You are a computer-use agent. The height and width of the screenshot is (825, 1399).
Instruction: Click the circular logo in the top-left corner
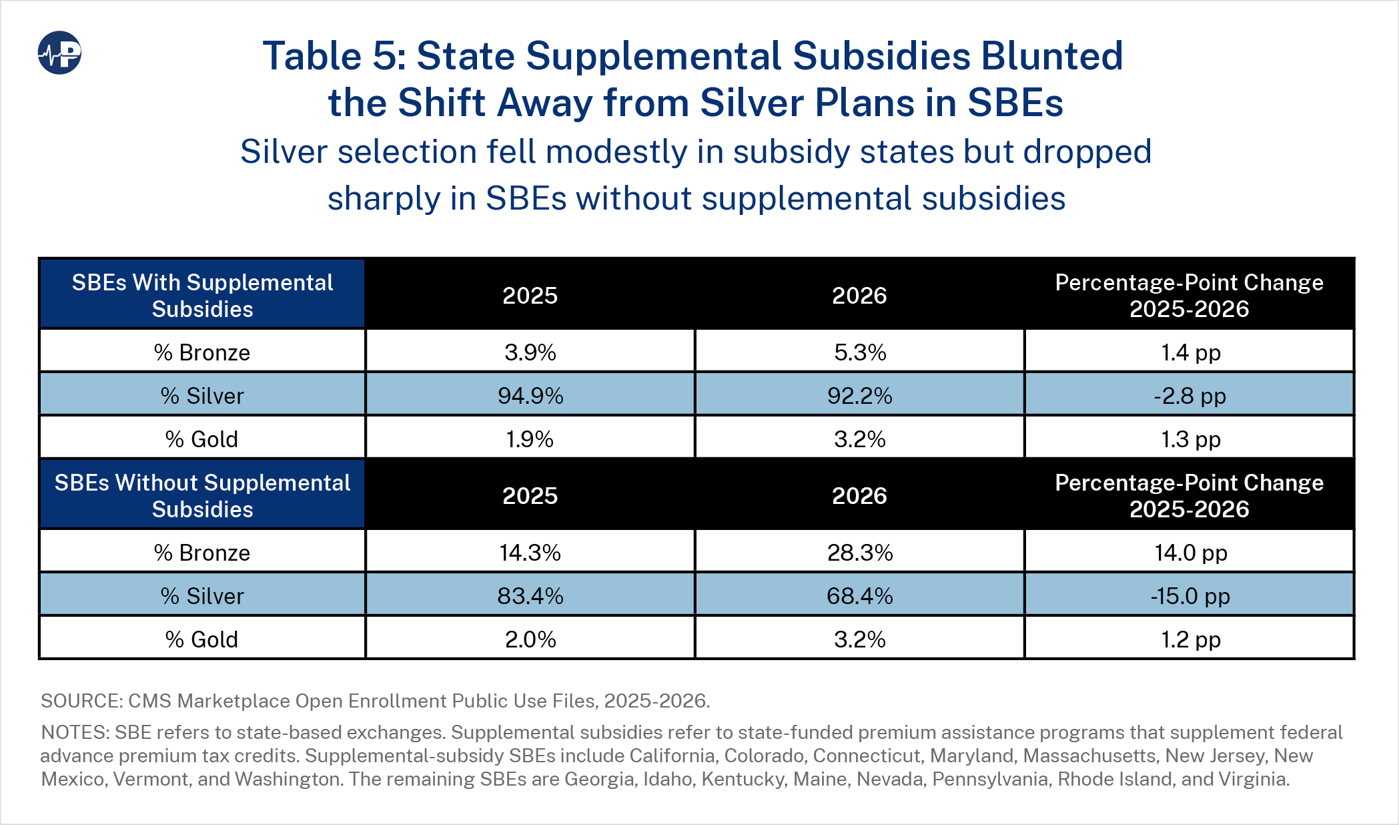[x=59, y=53]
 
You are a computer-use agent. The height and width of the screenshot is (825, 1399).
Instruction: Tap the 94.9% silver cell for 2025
[x=530, y=395]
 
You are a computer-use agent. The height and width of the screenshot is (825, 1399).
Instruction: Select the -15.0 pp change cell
[x=1190, y=595]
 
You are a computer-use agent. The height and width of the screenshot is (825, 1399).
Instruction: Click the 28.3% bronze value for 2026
[x=860, y=552]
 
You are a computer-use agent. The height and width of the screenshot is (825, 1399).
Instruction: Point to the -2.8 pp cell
[x=1190, y=395]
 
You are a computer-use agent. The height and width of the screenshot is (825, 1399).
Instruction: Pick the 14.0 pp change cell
[x=1190, y=552]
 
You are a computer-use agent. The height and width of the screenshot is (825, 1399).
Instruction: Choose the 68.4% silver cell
[x=860, y=595]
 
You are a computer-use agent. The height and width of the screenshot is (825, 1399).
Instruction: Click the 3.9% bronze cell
[x=530, y=352]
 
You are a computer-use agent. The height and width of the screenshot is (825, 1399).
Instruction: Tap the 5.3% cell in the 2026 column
[x=860, y=352]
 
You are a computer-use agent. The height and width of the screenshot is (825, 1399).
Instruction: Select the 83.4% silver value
[x=530, y=595]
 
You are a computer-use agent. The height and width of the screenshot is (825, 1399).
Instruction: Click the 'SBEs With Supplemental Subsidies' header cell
[x=202, y=295]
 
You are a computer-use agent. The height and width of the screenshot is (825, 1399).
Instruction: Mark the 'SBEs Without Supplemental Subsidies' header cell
[x=202, y=495]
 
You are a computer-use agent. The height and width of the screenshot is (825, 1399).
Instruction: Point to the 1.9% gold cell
[x=530, y=439]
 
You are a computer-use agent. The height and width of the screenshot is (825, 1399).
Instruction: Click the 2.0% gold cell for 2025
[x=530, y=639]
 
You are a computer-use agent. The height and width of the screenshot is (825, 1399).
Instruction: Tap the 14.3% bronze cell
[x=530, y=552]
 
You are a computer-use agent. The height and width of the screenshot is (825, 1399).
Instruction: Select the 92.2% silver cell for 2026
[x=860, y=395]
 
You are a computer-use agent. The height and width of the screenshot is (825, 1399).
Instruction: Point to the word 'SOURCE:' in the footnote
[x=81, y=701]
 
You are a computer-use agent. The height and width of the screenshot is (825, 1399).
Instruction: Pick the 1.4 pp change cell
[x=1190, y=352]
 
